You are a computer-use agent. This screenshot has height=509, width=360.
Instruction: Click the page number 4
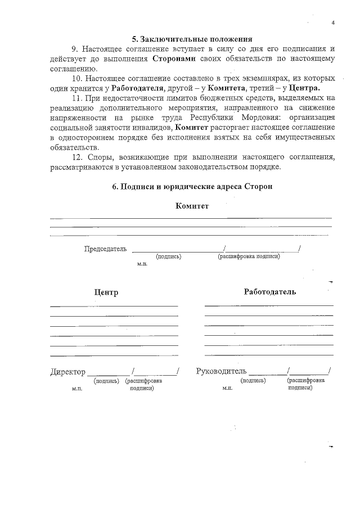(x=333, y=23)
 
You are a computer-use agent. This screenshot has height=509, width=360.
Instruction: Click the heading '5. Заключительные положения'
(x=192, y=39)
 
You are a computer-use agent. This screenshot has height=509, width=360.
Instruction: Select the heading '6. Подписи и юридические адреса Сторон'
(x=192, y=186)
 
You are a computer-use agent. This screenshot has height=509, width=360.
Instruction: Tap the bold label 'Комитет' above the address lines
(x=192, y=206)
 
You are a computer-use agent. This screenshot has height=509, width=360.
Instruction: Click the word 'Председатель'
(x=105, y=249)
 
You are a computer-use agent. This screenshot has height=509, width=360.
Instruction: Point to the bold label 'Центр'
(x=106, y=292)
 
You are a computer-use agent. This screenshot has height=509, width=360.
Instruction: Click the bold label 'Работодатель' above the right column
(x=269, y=292)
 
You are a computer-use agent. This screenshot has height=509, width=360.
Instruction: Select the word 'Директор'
(x=67, y=372)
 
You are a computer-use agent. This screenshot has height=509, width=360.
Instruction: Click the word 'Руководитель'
(x=221, y=372)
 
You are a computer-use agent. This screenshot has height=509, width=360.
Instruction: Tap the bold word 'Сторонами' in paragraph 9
(x=172, y=59)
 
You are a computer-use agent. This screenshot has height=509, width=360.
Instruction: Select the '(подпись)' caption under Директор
(x=106, y=381)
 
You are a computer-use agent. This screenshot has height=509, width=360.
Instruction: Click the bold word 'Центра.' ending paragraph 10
(x=304, y=88)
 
